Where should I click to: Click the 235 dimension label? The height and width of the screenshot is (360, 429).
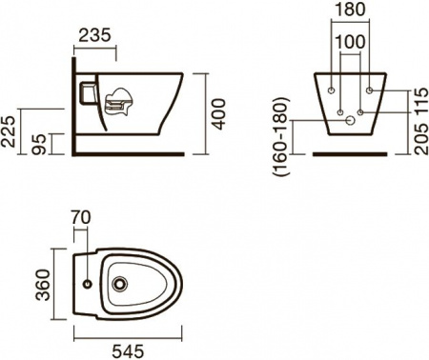[x=94, y=35]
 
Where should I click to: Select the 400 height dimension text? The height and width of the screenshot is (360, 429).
[x=219, y=114]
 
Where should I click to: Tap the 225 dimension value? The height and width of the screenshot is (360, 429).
[x=8, y=131]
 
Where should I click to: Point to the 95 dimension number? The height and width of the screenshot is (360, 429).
[x=41, y=144]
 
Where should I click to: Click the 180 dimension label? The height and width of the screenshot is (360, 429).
[x=350, y=10]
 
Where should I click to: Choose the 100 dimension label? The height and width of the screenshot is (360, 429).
[x=350, y=42]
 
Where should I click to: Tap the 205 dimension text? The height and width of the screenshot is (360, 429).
[x=421, y=139]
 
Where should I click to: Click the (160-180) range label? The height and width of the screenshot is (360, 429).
[x=281, y=136]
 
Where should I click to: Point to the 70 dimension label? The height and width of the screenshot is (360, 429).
[x=81, y=217]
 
